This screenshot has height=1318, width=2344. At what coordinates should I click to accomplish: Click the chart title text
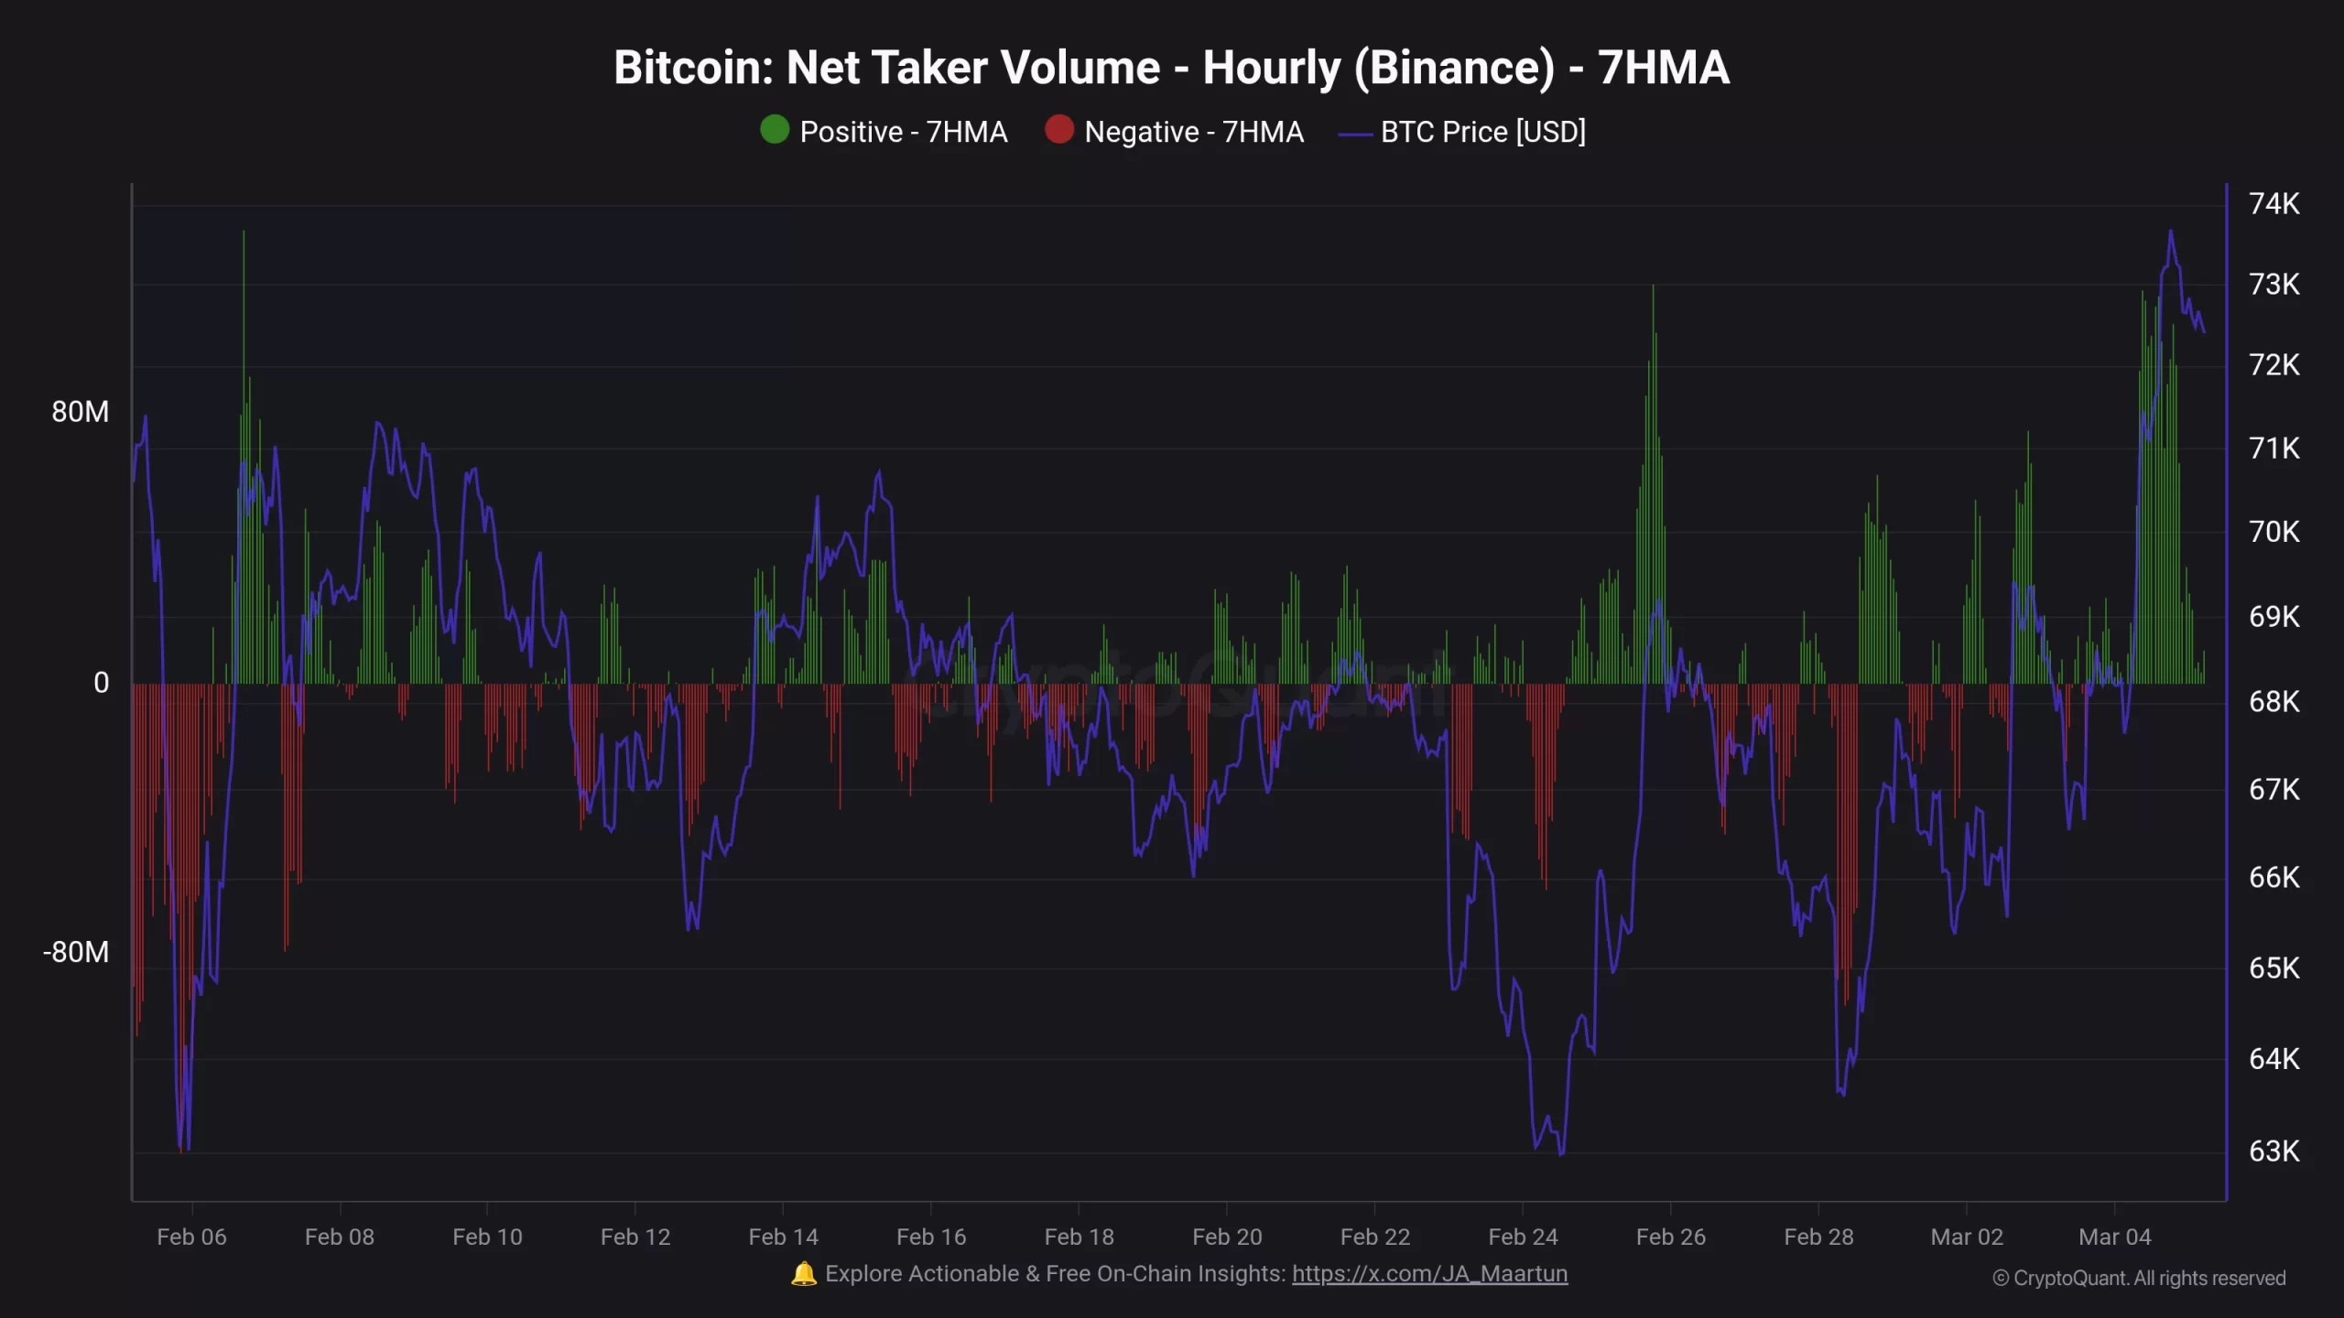tap(1171, 68)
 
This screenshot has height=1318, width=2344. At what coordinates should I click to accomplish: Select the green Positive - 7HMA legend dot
tap(775, 130)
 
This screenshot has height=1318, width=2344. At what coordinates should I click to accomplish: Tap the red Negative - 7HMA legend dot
tap(1059, 130)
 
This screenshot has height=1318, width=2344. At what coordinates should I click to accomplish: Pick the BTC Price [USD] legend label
tap(1482, 132)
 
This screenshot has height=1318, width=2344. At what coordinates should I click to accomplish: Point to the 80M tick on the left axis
tap(81, 412)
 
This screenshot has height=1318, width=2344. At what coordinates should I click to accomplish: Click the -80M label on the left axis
tap(76, 952)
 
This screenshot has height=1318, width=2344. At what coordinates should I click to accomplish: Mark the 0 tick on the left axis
tap(101, 683)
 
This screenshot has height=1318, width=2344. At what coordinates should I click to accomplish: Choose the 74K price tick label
tap(2273, 203)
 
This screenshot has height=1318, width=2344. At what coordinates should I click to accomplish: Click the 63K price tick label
tap(2273, 1151)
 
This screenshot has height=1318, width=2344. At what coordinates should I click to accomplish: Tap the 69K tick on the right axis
tap(2273, 617)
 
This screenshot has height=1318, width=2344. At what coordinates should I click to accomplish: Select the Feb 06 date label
tap(191, 1237)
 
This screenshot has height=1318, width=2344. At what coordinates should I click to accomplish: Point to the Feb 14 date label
tap(783, 1237)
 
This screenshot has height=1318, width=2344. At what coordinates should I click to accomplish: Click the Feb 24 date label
tap(1523, 1237)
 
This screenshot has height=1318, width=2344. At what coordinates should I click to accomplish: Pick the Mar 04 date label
tap(2114, 1237)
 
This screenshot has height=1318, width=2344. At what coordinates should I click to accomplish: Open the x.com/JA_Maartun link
tap(1429, 1274)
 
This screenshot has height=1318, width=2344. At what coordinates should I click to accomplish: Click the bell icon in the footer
tap(803, 1274)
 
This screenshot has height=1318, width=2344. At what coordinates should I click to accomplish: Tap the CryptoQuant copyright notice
tap(2139, 1278)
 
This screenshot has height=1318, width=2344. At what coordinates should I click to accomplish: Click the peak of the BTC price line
tap(2170, 232)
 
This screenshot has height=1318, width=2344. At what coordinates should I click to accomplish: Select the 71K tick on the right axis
tap(2273, 448)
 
